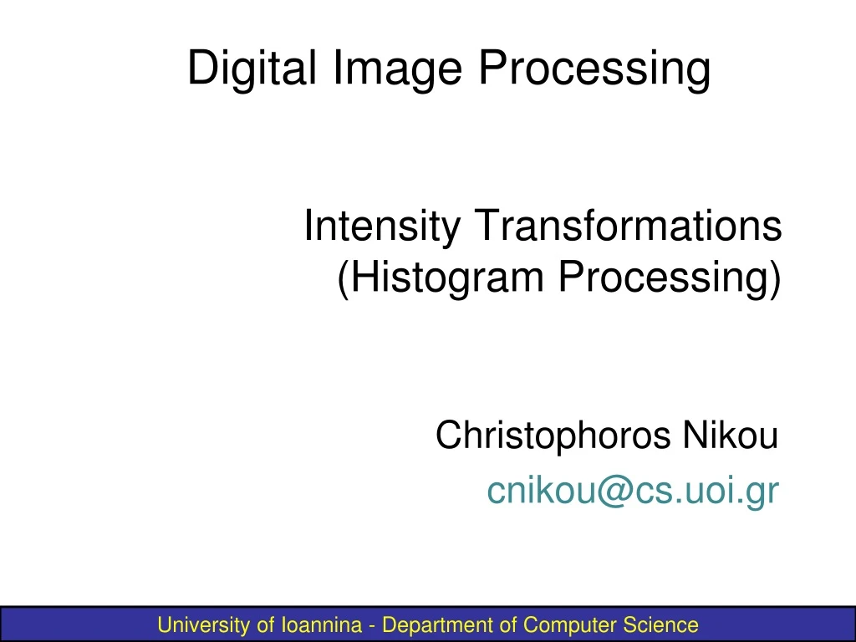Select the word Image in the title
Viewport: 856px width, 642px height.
click(397, 69)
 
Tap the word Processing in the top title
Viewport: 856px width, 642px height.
click(594, 69)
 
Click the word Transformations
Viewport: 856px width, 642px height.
click(629, 227)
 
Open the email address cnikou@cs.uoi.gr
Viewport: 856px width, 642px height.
click(633, 492)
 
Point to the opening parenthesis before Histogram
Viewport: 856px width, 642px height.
click(344, 279)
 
